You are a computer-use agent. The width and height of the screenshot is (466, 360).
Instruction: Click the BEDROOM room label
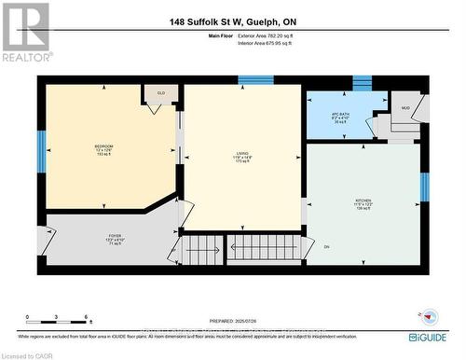[103, 147]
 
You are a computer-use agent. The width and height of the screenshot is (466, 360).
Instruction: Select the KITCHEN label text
[363, 201]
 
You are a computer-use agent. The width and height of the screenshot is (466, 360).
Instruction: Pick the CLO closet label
[160, 92]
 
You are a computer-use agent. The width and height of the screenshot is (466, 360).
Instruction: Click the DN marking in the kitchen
[326, 246]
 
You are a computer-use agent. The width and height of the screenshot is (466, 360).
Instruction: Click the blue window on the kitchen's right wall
[423, 187]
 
